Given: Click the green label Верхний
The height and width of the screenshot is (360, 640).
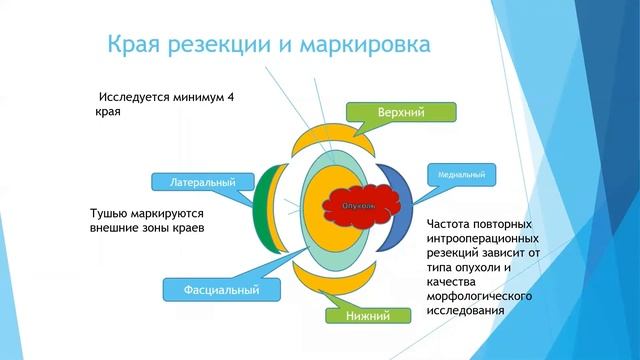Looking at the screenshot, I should (x=401, y=112).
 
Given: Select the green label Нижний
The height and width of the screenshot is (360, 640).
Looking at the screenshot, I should (x=369, y=316).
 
